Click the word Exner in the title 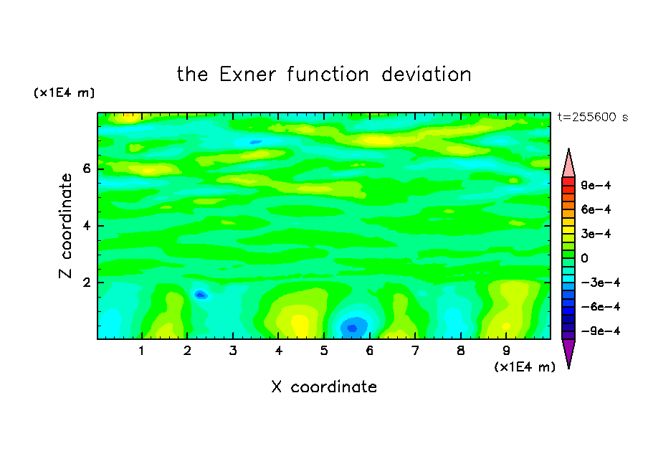tap(247, 75)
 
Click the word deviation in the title tap(426, 75)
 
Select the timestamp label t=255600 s tap(593, 118)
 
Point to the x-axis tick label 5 tap(324, 351)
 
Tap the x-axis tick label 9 tap(506, 351)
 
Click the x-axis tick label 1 tap(142, 351)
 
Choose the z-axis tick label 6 tap(86, 169)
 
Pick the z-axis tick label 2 tap(86, 283)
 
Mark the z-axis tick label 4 tap(86, 226)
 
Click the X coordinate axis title tap(324, 387)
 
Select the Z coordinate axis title tap(65, 226)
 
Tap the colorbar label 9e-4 tap(596, 186)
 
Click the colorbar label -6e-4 tap(601, 308)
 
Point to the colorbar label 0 tap(584, 258)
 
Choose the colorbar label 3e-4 tap(596, 234)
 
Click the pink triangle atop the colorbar tap(568, 165)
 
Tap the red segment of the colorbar tap(568, 181)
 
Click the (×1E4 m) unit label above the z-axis tap(64, 93)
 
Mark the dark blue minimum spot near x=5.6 tap(352, 328)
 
